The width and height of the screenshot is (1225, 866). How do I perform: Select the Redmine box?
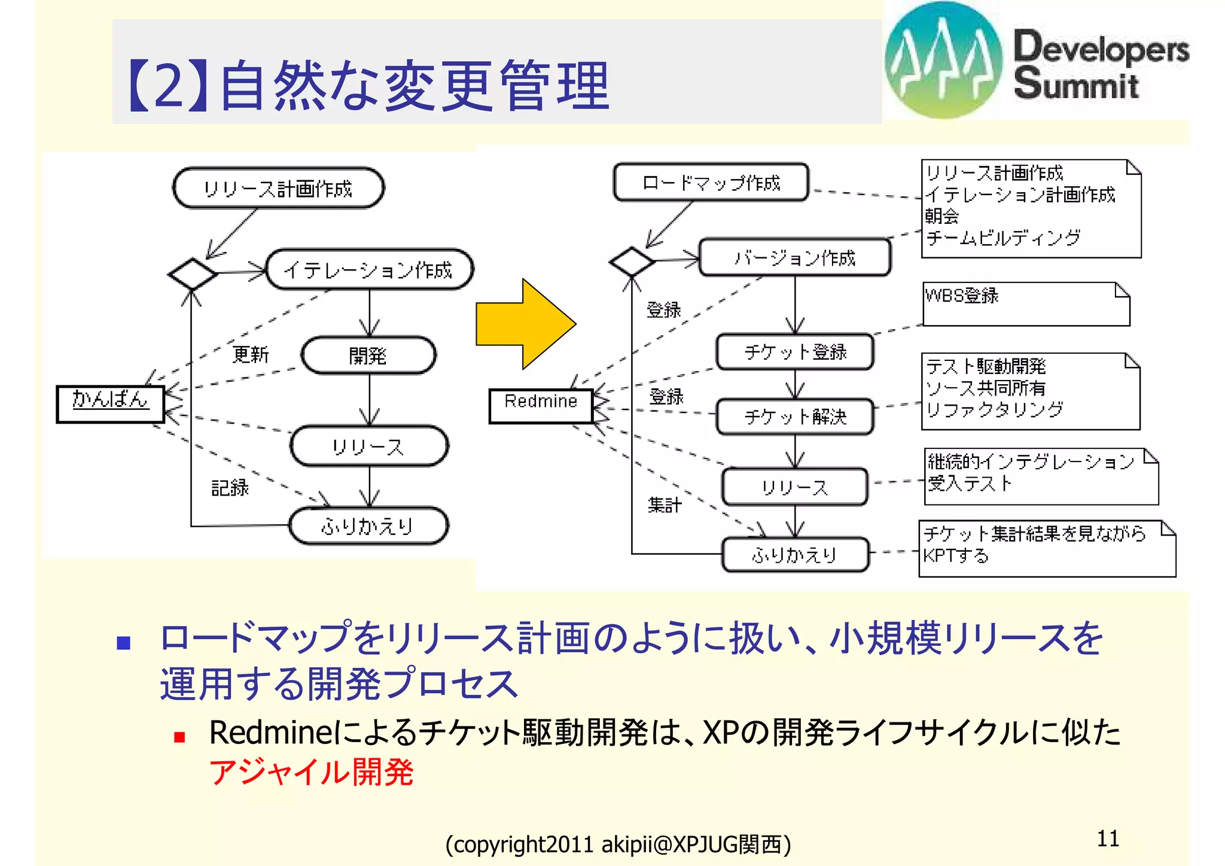click(x=541, y=406)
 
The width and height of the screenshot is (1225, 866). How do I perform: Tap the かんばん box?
click(x=110, y=404)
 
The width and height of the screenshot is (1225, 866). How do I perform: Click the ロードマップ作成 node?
click(x=711, y=183)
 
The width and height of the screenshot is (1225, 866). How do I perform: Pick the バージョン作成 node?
click(x=794, y=258)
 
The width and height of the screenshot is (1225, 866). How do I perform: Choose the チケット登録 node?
click(x=794, y=352)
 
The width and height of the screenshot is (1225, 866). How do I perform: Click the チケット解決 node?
click(x=794, y=417)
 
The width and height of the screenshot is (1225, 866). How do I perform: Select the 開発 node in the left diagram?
click(x=368, y=355)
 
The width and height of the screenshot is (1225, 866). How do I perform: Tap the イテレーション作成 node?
click(x=369, y=270)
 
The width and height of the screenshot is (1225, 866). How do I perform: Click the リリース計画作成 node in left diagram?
click(x=278, y=189)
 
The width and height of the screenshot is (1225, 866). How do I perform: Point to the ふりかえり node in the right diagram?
click(x=794, y=555)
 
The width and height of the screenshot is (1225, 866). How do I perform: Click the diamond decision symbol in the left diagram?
click(x=192, y=274)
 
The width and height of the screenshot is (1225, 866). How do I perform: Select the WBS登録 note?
click(x=1026, y=304)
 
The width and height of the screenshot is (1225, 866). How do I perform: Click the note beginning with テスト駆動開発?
click(x=1030, y=391)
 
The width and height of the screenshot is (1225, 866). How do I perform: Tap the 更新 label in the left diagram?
click(x=251, y=354)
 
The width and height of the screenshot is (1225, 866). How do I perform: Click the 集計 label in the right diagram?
click(x=664, y=505)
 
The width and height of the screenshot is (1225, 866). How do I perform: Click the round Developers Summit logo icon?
click(x=943, y=60)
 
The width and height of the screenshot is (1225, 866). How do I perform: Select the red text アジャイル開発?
click(x=311, y=771)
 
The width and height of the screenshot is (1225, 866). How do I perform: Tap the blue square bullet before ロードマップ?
click(x=124, y=643)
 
